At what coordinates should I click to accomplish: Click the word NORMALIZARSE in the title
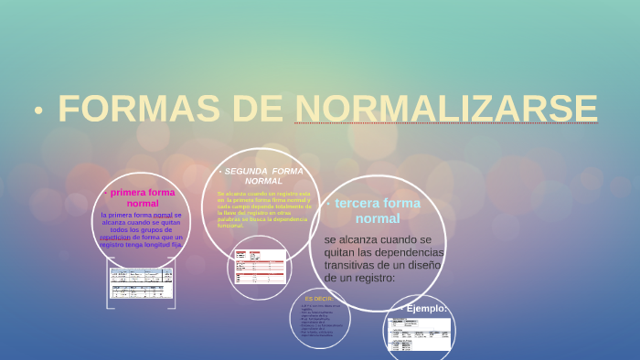click(446, 108)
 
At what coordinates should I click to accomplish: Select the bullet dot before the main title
click(38, 111)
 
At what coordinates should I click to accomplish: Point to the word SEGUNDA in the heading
click(245, 171)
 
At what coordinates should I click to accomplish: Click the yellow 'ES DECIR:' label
click(321, 299)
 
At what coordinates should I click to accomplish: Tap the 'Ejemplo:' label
click(427, 309)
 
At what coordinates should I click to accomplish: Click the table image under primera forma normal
click(142, 282)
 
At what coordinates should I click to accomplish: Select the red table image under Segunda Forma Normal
click(260, 266)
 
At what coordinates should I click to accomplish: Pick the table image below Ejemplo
click(419, 334)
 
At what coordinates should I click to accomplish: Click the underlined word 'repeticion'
click(116, 237)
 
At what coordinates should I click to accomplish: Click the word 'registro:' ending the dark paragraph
click(370, 277)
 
